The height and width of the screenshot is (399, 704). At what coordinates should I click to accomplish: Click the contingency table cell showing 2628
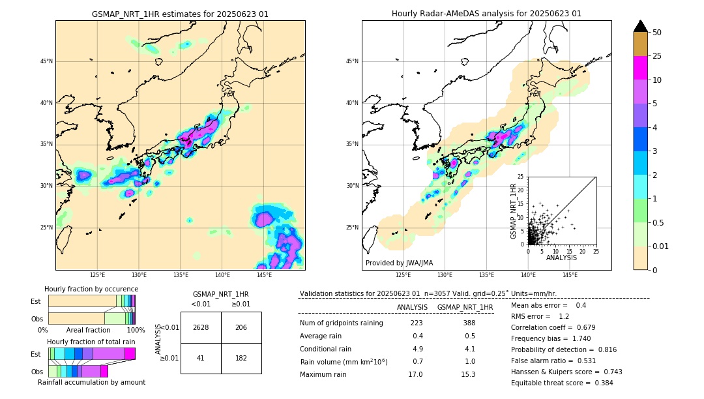pos(201,327)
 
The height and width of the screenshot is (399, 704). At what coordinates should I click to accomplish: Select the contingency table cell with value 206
pos(241,327)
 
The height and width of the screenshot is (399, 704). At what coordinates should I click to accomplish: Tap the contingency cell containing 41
pos(201,358)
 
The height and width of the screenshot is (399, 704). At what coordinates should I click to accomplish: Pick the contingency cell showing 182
pos(241,358)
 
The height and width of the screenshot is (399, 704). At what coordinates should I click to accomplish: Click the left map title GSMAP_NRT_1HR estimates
pos(180,14)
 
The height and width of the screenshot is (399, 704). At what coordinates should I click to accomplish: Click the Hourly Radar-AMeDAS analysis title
pos(486,14)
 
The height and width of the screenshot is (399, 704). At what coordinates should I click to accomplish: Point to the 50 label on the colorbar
pos(657,33)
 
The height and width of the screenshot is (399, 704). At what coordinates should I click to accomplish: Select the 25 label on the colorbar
pos(657,56)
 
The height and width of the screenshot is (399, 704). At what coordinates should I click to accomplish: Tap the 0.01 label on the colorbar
pos(661,246)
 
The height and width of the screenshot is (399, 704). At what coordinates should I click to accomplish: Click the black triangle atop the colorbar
pos(641,26)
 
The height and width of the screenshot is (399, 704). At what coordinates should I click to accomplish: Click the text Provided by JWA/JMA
pos(399,263)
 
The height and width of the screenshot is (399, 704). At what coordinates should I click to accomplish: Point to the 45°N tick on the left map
pos(46,61)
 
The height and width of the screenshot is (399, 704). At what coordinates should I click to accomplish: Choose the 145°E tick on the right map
pos(570,275)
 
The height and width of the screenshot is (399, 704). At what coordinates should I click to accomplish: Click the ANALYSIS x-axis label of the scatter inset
pos(561,258)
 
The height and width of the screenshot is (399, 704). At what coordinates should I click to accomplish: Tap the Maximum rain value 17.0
pos(415,374)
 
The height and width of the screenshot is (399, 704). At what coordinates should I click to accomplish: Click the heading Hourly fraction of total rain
pos(91,342)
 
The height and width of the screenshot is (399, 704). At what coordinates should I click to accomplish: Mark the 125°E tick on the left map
pos(98,275)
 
